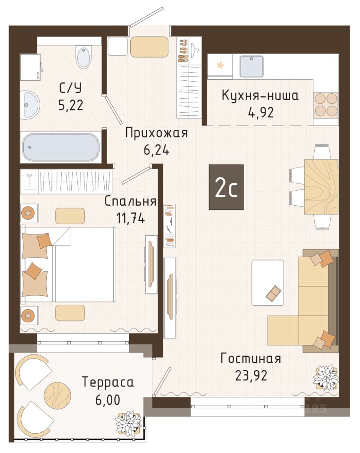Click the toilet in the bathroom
(x=84, y=57)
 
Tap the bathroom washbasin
(x=29, y=104)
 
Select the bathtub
(x=61, y=147)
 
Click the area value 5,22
(x=71, y=105)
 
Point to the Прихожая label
(x=157, y=134)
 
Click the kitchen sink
(x=251, y=67)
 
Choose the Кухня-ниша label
(x=260, y=95)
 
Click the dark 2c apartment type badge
(x=226, y=187)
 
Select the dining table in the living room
(x=321, y=187)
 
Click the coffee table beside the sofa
(x=268, y=283)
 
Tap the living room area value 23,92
(x=251, y=376)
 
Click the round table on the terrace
(x=57, y=394)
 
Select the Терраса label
(x=108, y=382)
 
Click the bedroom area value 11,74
(x=130, y=218)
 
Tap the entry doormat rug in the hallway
(x=149, y=47)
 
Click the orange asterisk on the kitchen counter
(x=220, y=66)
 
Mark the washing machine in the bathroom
(x=30, y=68)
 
